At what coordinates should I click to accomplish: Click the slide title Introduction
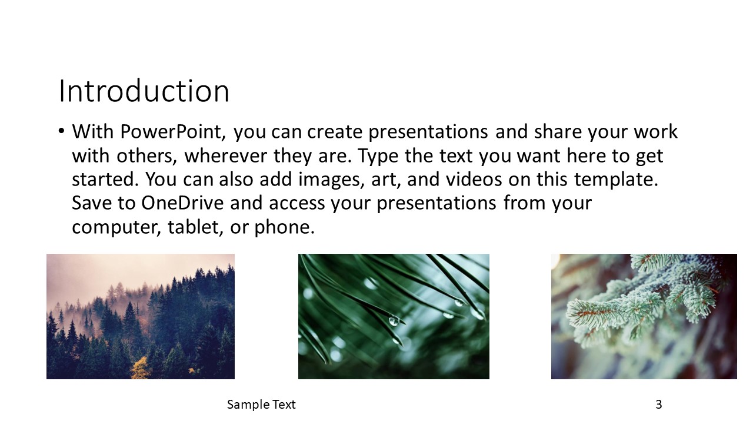pyautogui.click(x=144, y=91)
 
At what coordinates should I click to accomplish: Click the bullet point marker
pyautogui.click(x=61, y=131)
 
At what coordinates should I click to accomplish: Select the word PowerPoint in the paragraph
pyautogui.click(x=173, y=131)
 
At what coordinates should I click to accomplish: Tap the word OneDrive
pyautogui.click(x=182, y=203)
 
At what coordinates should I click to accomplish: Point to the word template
pyautogui.click(x=616, y=180)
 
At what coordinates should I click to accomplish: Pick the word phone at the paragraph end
pyautogui.click(x=284, y=227)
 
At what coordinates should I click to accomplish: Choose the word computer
pyautogui.click(x=116, y=228)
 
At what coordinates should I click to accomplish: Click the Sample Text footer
pyautogui.click(x=261, y=404)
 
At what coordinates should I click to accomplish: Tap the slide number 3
pyautogui.click(x=658, y=404)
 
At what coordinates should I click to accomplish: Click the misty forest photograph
pyautogui.click(x=141, y=316)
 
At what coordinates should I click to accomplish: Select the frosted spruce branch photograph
pyautogui.click(x=644, y=316)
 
